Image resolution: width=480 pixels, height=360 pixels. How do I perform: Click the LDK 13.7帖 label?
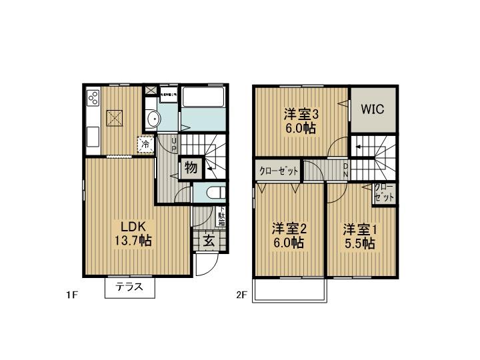pyautogui.click(x=135, y=233)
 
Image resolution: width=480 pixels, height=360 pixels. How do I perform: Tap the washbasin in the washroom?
pyautogui.click(x=153, y=120)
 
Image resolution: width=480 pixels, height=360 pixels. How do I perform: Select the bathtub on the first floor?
pyautogui.click(x=204, y=105)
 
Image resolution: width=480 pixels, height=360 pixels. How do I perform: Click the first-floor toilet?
pyautogui.click(x=215, y=193)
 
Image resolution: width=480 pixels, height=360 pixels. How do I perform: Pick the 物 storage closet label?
pyautogui.click(x=190, y=168)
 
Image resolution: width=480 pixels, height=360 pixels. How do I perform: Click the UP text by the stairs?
pyautogui.click(x=174, y=143)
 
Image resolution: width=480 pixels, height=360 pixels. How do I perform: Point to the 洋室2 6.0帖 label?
pyautogui.click(x=288, y=236)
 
